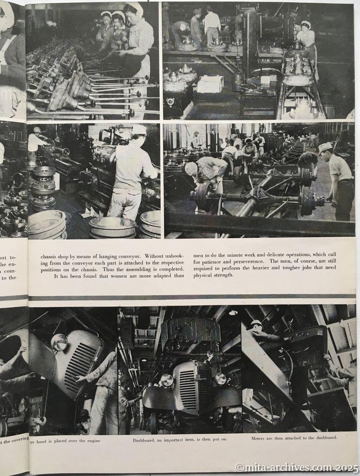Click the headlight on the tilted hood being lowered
[x=59, y=342]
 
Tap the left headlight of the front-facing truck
[x=167, y=380]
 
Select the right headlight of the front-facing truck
[x=220, y=378]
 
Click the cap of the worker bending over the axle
[x=191, y=168]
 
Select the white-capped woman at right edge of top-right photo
[x=306, y=35]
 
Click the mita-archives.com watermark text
[x=297, y=467]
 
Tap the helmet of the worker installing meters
[x=256, y=323]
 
